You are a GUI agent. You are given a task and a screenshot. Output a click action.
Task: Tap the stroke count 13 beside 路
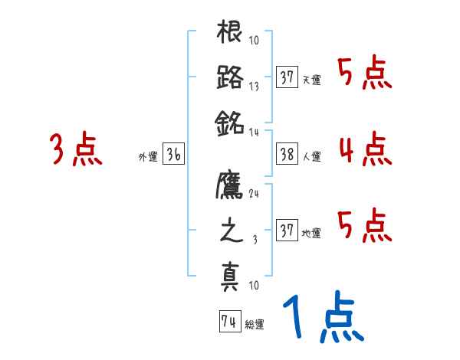click(x=254, y=87)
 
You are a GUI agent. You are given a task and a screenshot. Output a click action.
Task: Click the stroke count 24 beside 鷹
click(x=254, y=193)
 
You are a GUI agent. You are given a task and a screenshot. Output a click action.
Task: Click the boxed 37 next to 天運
click(x=287, y=78)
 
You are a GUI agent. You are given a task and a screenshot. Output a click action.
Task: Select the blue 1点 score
click(x=322, y=319)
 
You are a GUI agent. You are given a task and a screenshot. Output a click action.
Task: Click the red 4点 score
click(x=365, y=149)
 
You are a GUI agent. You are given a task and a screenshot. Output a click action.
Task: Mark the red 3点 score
click(x=77, y=149)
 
